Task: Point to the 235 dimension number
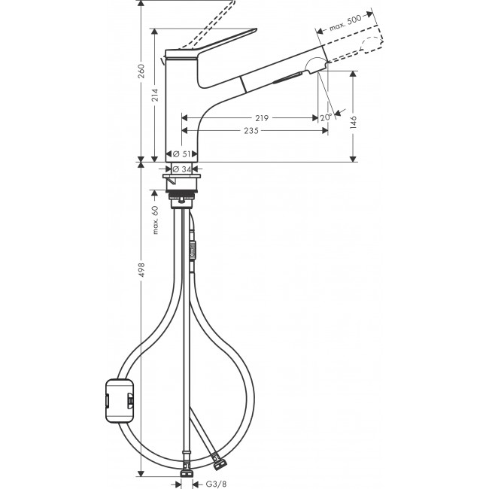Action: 251,131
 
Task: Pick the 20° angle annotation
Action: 325,117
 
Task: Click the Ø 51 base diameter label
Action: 181,153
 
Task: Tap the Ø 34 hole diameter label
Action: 181,168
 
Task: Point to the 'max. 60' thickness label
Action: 156,220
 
